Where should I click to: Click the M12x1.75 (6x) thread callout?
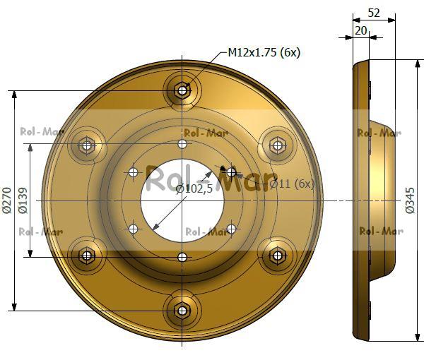(x=264, y=52)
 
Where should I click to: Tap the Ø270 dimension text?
(x=7, y=200)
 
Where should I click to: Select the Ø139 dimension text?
(x=23, y=200)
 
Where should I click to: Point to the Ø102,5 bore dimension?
(x=194, y=188)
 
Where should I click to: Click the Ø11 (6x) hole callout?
(x=292, y=184)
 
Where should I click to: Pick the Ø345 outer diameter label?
(x=410, y=200)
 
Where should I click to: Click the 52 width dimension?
(x=374, y=13)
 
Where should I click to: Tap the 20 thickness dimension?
(x=360, y=31)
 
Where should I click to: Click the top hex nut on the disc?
(x=182, y=91)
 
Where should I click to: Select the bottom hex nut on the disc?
(x=182, y=311)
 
